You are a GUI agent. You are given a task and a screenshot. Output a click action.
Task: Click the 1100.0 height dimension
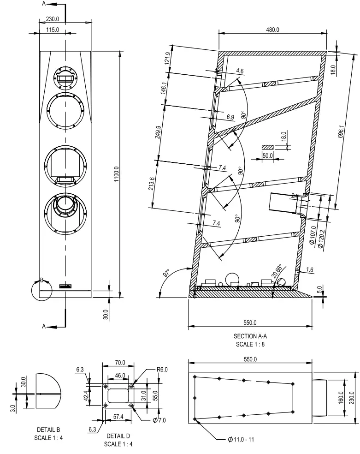click(x=116, y=174)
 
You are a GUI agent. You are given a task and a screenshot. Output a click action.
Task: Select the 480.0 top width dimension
click(x=271, y=30)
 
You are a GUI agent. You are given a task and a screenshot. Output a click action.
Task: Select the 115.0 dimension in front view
click(x=53, y=30)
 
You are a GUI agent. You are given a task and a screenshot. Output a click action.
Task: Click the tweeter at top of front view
click(x=65, y=75)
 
